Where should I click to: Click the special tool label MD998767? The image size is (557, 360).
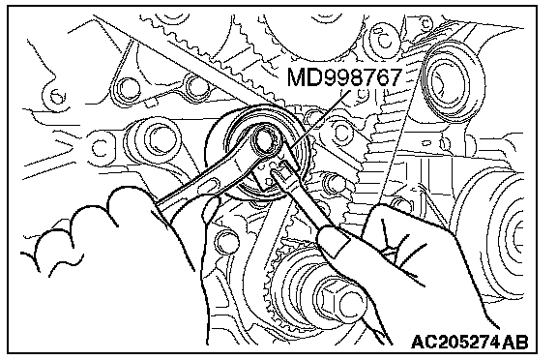click(344, 77)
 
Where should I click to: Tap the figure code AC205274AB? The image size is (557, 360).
click(470, 342)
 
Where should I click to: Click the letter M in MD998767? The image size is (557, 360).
click(296, 77)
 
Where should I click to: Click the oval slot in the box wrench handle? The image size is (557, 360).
click(210, 186)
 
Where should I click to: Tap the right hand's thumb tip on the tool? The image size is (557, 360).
click(332, 242)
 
